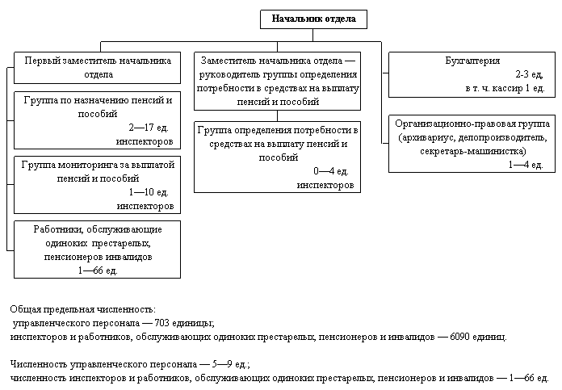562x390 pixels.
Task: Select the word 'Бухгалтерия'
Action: (x=472, y=61)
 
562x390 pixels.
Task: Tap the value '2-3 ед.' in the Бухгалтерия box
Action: (x=530, y=74)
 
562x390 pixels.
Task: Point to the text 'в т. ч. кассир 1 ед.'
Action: (x=505, y=88)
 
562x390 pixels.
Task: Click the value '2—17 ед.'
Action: (x=149, y=128)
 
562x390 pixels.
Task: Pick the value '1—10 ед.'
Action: (x=149, y=192)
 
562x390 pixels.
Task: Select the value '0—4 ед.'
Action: (x=331, y=171)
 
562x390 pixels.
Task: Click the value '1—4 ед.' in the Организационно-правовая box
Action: (x=526, y=165)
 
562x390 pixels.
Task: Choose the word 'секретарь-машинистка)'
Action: (x=473, y=151)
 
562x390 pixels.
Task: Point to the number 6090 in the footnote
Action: (x=459, y=337)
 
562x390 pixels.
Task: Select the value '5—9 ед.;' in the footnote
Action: (x=230, y=364)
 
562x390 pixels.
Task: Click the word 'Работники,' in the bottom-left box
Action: (x=58, y=230)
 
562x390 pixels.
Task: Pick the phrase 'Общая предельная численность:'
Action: (x=83, y=310)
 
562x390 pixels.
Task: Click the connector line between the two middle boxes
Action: (x=277, y=115)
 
